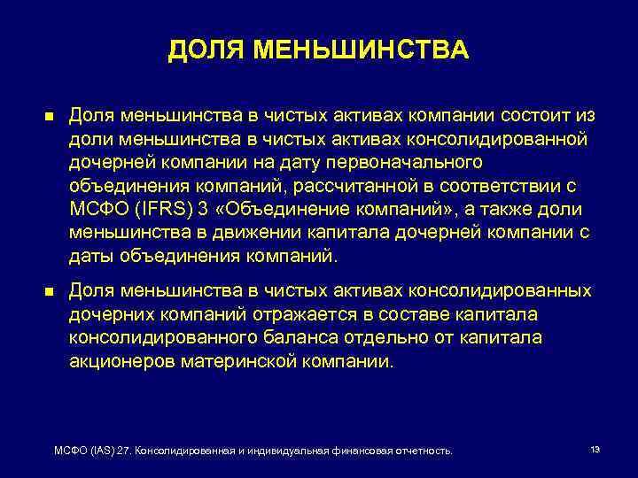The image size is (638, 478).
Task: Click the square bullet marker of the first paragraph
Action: (48, 118)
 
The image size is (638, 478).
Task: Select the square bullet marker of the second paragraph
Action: (48, 292)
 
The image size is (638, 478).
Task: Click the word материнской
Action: (248, 361)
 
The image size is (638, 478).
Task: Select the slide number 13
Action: (595, 450)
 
